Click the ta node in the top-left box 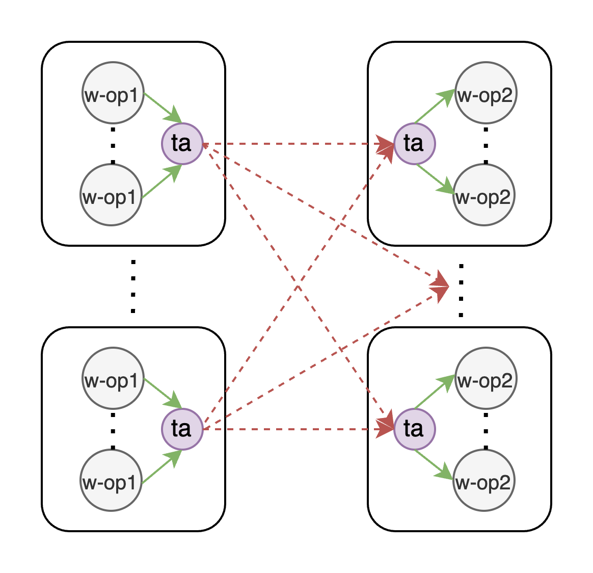tap(182, 144)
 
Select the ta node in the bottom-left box tap(182, 429)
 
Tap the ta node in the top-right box tap(415, 144)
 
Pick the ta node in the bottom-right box tap(415, 429)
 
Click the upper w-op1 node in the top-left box tap(113, 93)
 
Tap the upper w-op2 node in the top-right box tap(486, 93)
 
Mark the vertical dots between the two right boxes tap(461, 291)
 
